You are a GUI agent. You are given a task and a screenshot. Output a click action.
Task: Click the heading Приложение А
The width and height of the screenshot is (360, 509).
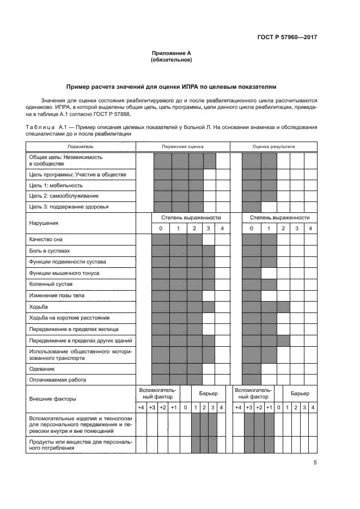point(171,53)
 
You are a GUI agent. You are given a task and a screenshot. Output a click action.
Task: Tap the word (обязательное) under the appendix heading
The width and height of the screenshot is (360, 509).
point(171,60)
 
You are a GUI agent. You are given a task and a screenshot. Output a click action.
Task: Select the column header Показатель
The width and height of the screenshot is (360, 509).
point(81,146)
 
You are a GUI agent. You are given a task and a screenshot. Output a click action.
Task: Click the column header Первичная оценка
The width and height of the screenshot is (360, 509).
point(182,146)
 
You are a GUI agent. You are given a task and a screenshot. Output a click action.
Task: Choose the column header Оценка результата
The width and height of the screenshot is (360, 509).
point(273,146)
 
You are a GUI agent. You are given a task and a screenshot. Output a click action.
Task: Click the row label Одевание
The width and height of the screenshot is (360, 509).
point(41,369)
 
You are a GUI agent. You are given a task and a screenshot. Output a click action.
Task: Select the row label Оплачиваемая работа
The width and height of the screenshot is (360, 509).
point(57,379)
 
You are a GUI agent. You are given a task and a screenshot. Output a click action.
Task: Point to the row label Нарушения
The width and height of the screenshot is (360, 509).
point(44,223)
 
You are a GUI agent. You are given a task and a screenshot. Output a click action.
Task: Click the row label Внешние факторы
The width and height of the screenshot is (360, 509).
point(52,399)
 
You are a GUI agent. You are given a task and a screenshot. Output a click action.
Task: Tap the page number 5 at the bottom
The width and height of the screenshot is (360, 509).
point(315,463)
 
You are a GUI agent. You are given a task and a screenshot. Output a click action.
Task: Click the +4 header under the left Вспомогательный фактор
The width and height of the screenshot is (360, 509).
point(141,408)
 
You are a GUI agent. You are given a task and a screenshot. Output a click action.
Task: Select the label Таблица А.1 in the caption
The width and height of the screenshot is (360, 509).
point(46,127)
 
